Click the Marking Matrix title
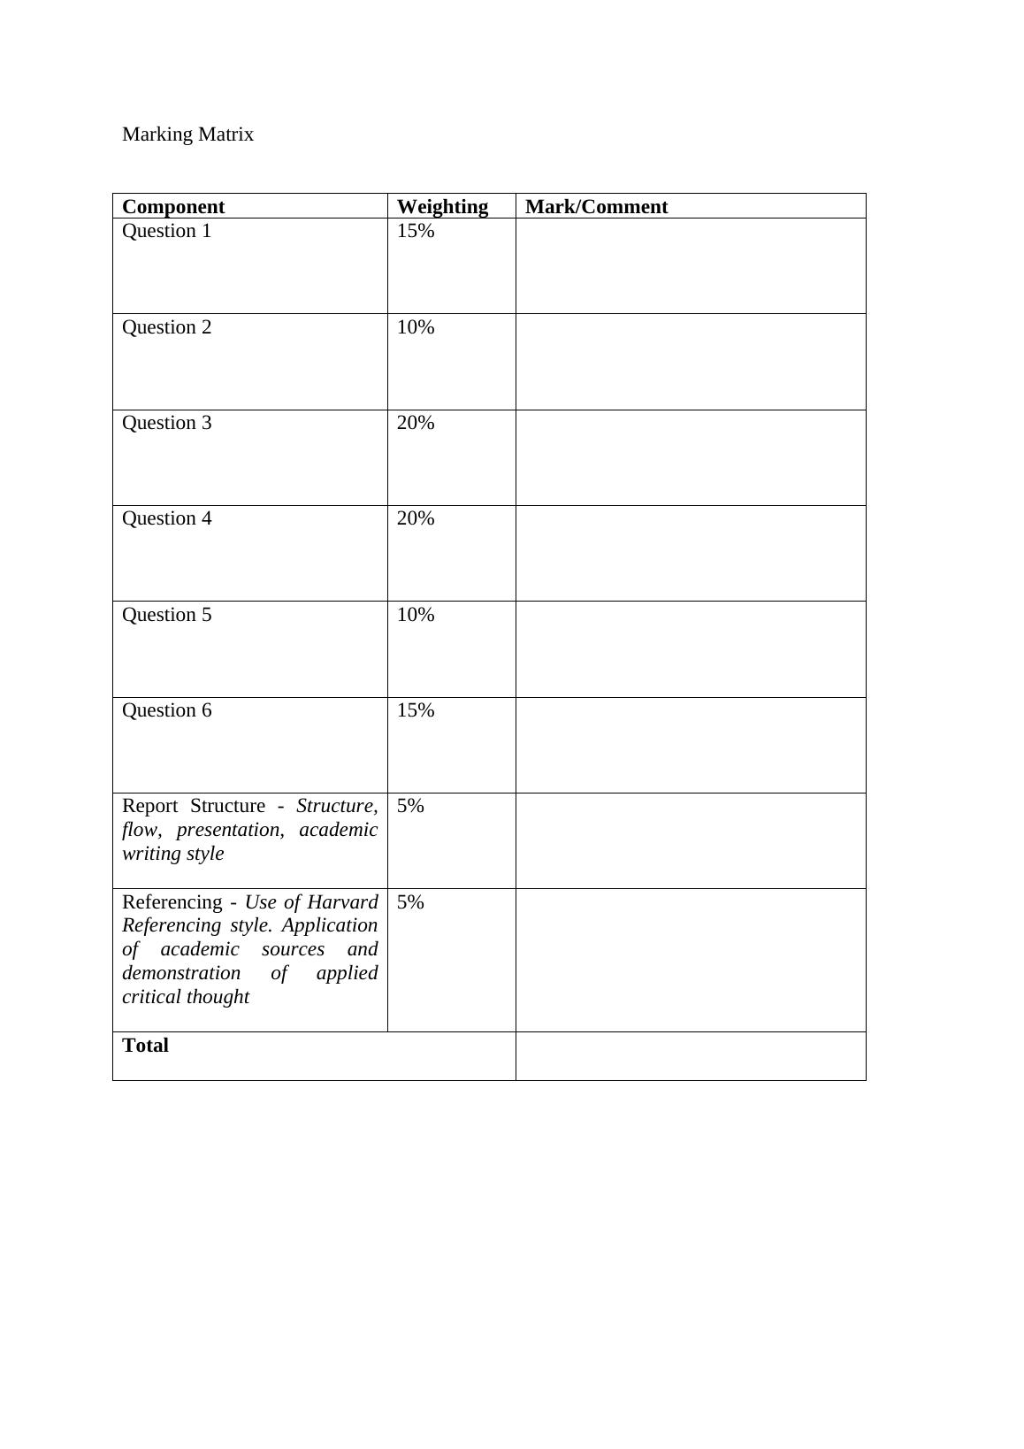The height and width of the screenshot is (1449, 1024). (x=187, y=134)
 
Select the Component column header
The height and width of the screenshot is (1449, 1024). (x=173, y=207)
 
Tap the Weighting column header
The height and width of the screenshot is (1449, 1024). (x=442, y=207)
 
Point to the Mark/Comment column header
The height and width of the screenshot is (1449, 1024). (x=596, y=207)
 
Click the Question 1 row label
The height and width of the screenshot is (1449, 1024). (x=166, y=231)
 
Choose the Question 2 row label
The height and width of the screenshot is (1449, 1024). (x=166, y=327)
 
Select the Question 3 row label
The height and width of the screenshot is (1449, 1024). (x=166, y=423)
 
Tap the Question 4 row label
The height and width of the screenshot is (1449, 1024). (x=166, y=518)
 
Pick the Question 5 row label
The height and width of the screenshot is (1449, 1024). (x=166, y=615)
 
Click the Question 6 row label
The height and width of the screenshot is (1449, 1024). (x=166, y=710)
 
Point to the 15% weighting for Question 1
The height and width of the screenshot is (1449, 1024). (x=416, y=231)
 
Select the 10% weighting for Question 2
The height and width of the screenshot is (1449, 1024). (x=416, y=327)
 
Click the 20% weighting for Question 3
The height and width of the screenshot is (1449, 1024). (x=416, y=423)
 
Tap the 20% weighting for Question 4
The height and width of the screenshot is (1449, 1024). (x=416, y=518)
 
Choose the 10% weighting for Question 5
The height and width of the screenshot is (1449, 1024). (x=416, y=615)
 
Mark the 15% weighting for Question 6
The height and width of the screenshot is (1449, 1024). (x=416, y=710)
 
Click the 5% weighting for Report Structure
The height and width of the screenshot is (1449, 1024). (x=410, y=806)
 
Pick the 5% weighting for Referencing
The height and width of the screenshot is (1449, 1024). (x=410, y=902)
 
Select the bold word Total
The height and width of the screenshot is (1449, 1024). (x=145, y=1046)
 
